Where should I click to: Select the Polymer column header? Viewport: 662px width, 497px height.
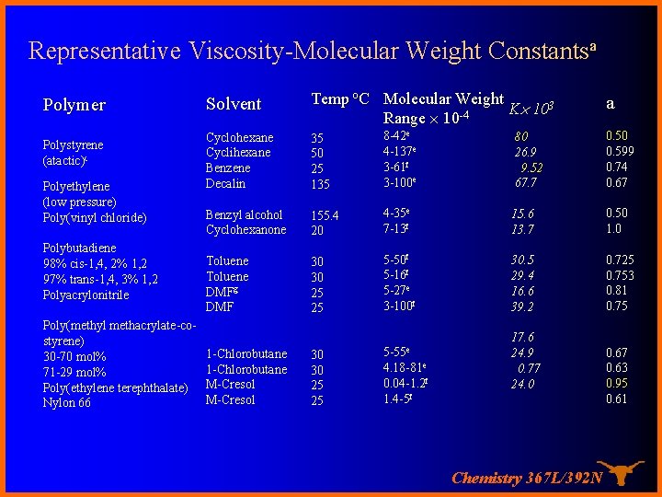[74, 105]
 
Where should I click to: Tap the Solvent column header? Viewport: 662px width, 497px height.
[234, 104]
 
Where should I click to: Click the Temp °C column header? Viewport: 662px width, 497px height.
[340, 98]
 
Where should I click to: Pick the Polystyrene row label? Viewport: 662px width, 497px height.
[74, 144]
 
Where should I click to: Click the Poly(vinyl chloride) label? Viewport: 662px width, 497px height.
[95, 217]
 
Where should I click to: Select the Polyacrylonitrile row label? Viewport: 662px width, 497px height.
[86, 295]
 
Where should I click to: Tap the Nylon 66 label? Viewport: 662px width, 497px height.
[67, 402]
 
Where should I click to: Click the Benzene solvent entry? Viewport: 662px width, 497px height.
[228, 168]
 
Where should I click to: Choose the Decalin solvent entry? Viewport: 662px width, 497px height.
[226, 183]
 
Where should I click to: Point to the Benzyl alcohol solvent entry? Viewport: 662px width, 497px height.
[245, 214]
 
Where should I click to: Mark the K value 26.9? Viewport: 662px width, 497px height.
[526, 153]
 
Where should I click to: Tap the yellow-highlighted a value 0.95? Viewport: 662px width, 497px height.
[617, 384]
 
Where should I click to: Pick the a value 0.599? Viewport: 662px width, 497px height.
[621, 153]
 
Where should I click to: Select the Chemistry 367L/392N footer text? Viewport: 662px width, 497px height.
[527, 478]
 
